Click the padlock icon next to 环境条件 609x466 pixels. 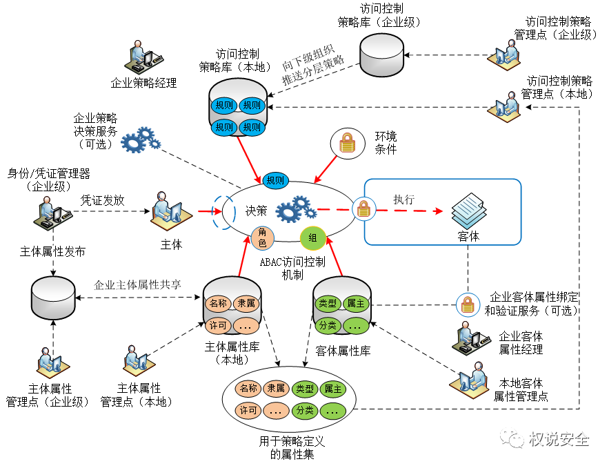[348, 143]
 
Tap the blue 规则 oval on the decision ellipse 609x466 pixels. [274, 180]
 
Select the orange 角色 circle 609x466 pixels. [262, 237]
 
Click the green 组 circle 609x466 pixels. [312, 238]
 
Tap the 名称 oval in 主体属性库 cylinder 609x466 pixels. [218, 302]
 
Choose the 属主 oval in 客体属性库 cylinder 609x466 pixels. [356, 302]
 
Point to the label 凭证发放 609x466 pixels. [103, 200]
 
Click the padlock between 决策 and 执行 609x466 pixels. [363, 208]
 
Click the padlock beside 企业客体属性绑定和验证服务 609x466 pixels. [468, 303]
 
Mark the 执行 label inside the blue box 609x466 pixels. [403, 199]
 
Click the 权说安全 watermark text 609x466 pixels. [559, 438]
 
